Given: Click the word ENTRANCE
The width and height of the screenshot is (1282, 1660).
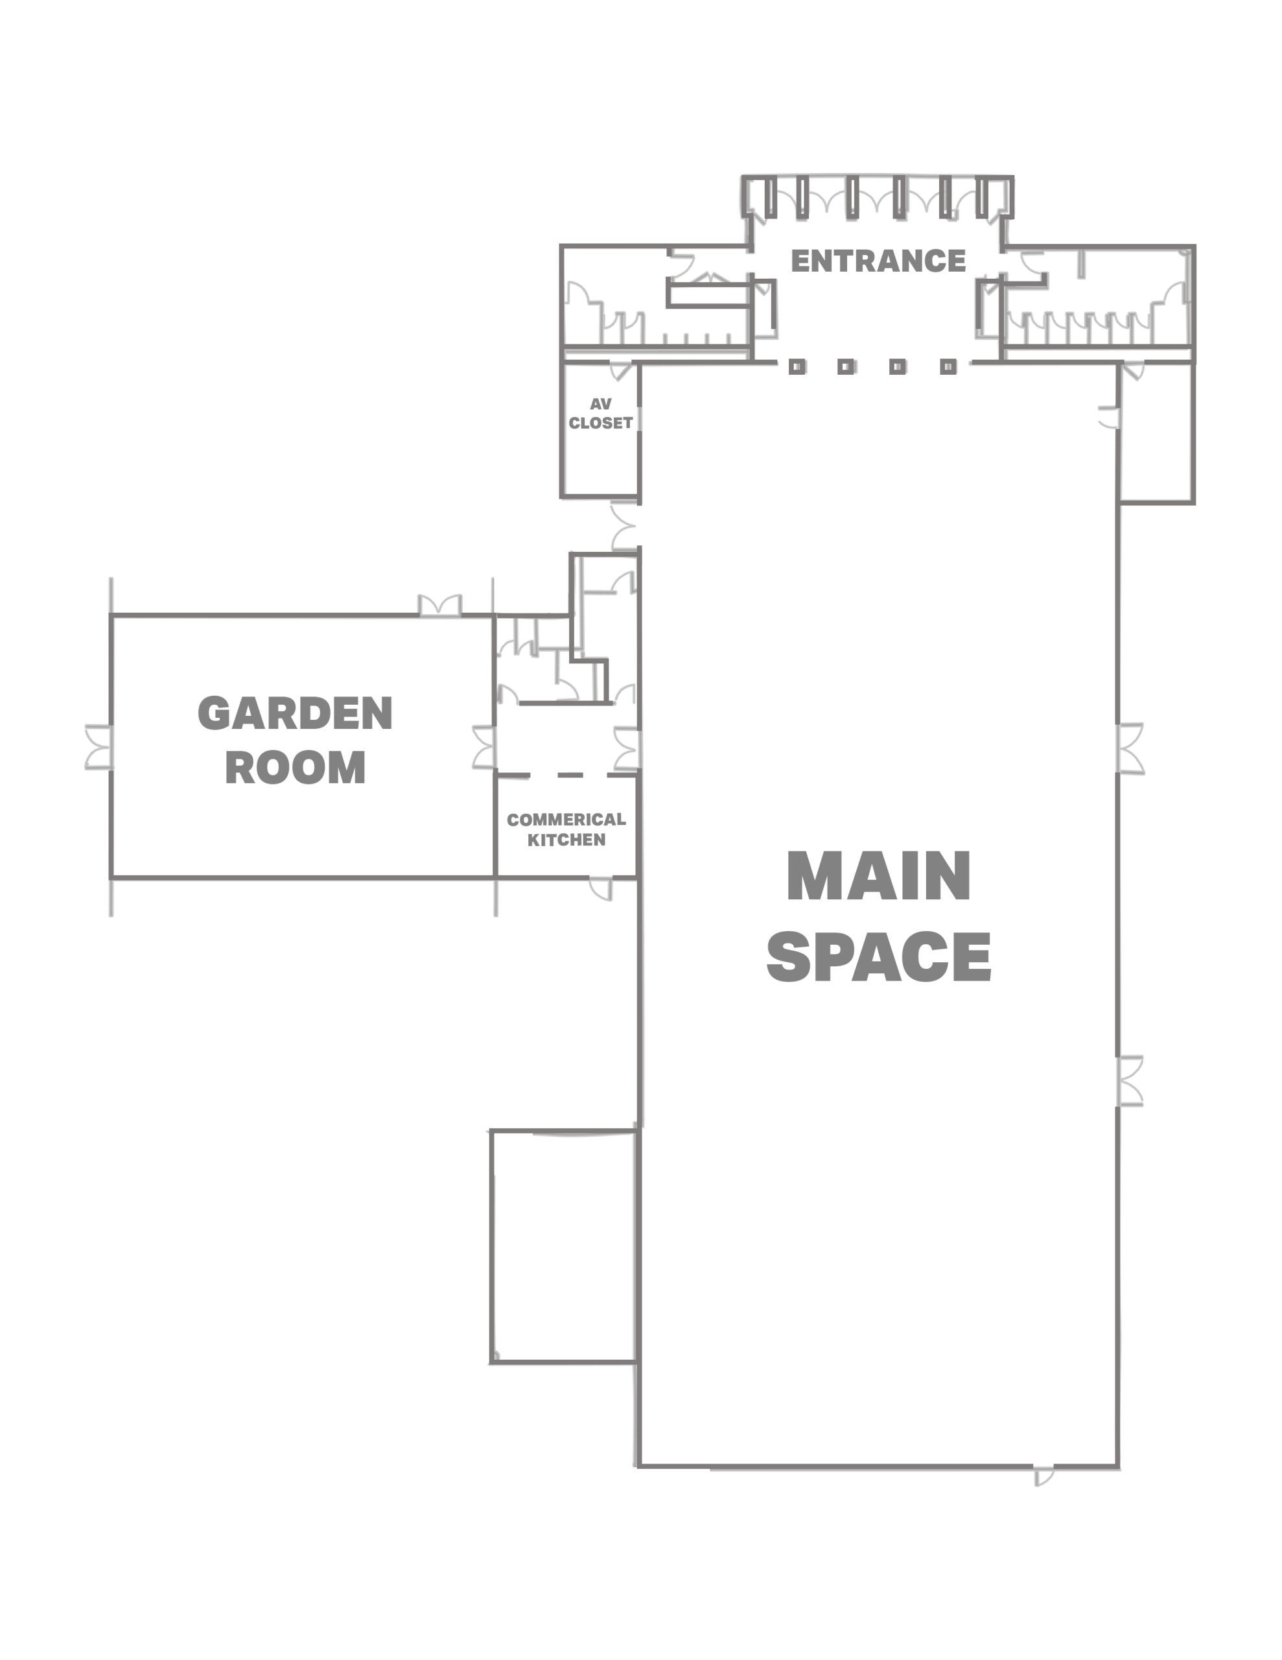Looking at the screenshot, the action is tap(878, 261).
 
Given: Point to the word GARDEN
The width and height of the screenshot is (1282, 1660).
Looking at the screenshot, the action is tap(295, 713).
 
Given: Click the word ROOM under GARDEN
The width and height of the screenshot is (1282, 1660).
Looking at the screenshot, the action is tap(295, 767).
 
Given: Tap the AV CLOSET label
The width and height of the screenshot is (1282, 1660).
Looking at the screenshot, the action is tap(600, 414).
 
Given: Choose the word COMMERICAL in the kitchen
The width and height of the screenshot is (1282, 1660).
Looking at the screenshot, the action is tap(566, 820).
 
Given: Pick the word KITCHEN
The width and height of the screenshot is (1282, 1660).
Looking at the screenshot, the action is tap(566, 840).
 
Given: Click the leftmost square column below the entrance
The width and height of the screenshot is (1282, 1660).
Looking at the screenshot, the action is tap(797, 367).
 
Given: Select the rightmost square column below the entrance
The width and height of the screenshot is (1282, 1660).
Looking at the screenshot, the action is tap(948, 367).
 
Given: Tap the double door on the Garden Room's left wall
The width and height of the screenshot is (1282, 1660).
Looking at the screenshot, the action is tap(99, 747).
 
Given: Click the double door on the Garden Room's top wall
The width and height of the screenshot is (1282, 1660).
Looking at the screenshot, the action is tap(440, 606).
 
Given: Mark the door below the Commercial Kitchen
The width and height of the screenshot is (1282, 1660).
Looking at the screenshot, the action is tap(601, 889).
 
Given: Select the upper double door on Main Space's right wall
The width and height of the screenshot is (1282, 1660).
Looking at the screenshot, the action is tap(1130, 749).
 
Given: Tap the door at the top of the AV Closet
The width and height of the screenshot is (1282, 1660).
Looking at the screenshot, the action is tap(622, 371).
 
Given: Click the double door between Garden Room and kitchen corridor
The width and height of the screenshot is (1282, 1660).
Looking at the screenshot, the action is tap(484, 747).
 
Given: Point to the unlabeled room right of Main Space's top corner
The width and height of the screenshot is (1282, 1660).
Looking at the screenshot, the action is tap(1157, 432).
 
